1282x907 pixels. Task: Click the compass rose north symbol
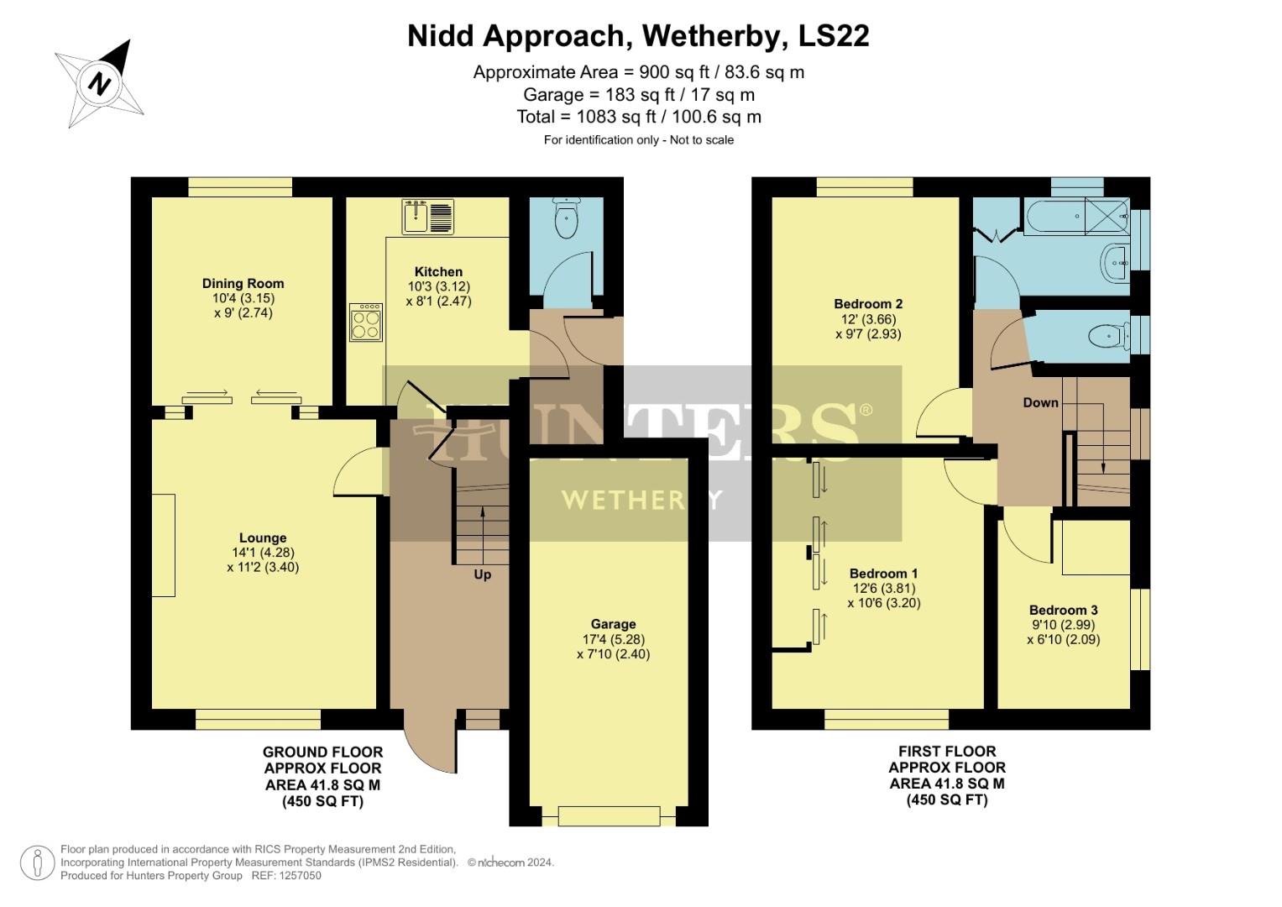(x=100, y=83)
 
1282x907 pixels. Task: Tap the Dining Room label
(x=243, y=283)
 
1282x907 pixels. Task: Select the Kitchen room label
(x=438, y=271)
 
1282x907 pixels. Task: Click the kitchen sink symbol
(x=428, y=217)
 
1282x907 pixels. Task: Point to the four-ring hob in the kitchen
(x=366, y=321)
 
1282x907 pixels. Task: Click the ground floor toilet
(x=568, y=220)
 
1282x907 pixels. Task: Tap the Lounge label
(x=263, y=537)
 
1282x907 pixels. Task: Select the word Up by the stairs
(x=483, y=574)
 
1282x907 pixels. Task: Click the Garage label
(x=613, y=624)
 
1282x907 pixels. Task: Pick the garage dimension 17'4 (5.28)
(x=613, y=639)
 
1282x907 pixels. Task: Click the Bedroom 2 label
(x=868, y=303)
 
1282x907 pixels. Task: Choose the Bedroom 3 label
(x=1063, y=610)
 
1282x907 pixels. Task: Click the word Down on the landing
(x=1040, y=402)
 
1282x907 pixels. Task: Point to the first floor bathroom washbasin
(x=1116, y=263)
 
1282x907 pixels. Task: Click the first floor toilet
(x=1107, y=336)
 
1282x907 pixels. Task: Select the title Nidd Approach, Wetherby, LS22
(x=638, y=36)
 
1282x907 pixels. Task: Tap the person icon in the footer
(x=37, y=862)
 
